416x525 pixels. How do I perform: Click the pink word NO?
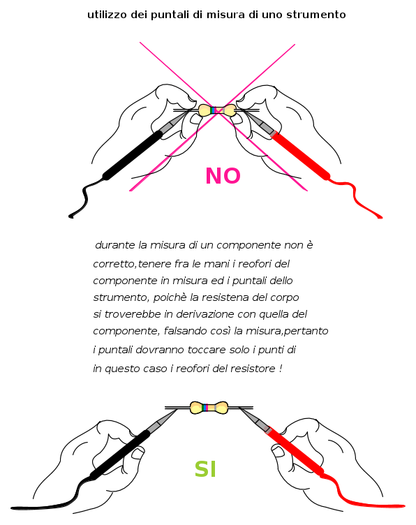pos(223,176)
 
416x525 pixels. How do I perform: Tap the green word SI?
pos(205,469)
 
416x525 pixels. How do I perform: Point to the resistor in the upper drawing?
pos(217,110)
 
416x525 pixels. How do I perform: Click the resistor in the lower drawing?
pos(209,408)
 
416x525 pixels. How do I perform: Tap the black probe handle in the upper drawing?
pos(133,156)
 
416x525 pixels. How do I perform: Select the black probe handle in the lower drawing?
pos(120,454)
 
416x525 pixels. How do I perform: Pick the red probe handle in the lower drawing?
pos(295,452)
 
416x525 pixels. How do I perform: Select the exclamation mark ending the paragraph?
pos(281,369)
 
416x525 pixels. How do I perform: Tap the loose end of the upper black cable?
pos(70,216)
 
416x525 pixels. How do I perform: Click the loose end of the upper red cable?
pos(380,217)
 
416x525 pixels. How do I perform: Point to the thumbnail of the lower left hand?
pos(138,453)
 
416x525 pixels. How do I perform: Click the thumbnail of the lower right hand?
pos(278,451)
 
